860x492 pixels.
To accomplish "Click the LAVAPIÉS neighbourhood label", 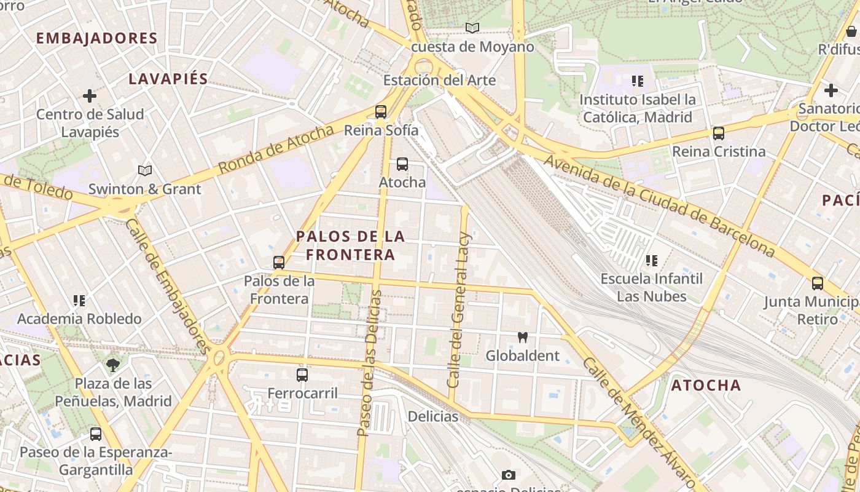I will [168, 79].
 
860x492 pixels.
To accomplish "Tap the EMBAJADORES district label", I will [97, 38].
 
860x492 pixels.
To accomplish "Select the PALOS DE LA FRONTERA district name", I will [351, 245].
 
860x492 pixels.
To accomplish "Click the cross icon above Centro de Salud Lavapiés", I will [90, 96].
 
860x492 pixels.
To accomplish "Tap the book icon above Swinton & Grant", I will [145, 170].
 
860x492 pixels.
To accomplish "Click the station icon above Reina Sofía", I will [381, 112].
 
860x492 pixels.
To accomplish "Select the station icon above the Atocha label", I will [402, 164].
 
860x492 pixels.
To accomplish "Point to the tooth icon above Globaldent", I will [523, 337].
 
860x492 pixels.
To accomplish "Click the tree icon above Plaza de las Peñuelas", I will [113, 365].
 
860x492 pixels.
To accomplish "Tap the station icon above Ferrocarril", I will [302, 375].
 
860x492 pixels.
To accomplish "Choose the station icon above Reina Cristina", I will [719, 133].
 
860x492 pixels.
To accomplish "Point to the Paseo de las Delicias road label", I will [370, 363].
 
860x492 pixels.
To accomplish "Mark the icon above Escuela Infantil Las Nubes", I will [652, 261].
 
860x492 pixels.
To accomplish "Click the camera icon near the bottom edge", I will [508, 475].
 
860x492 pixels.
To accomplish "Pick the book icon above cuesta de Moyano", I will [472, 28].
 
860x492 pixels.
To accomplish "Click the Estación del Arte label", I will [439, 80].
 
